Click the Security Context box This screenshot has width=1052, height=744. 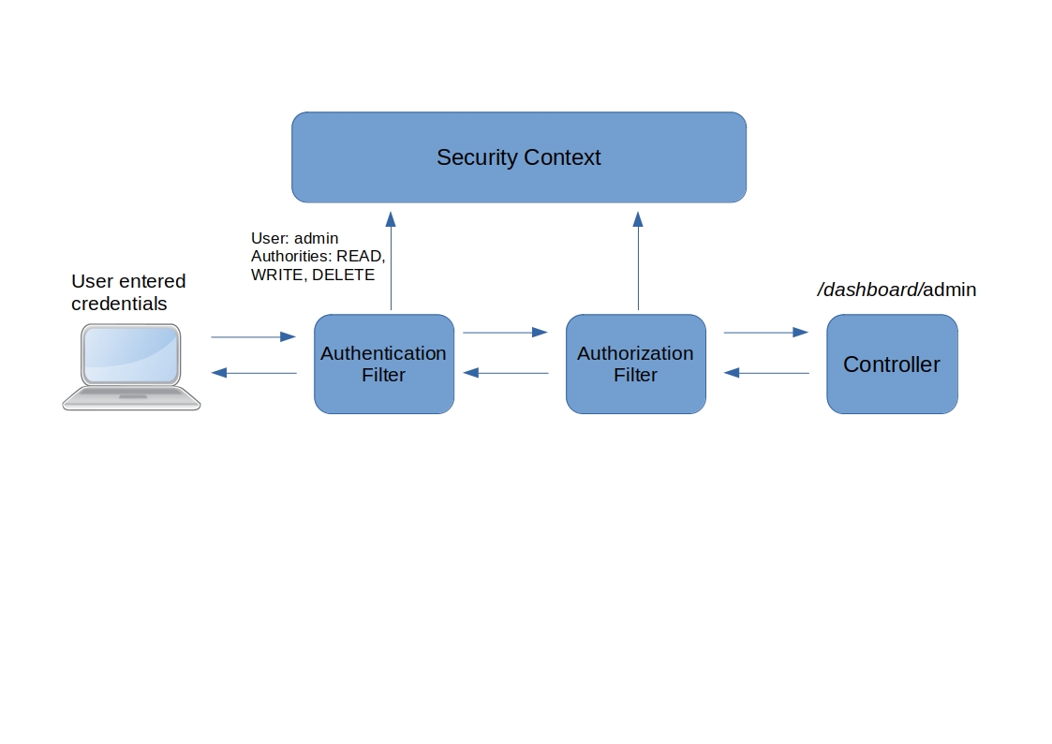pos(518,157)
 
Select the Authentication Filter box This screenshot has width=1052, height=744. pos(383,365)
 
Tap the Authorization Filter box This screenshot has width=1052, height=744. pos(635,365)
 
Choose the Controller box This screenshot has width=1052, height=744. pos(891,365)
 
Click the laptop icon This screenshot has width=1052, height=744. pos(131,367)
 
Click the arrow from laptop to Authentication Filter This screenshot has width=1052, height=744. pos(253,336)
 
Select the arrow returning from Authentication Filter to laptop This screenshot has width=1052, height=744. pos(253,373)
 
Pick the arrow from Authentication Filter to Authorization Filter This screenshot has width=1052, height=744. pos(505,332)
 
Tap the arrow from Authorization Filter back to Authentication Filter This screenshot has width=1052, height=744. pos(505,373)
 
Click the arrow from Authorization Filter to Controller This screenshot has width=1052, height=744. pos(765,332)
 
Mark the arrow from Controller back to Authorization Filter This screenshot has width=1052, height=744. pos(765,373)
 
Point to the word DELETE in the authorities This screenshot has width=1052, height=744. pos(343,275)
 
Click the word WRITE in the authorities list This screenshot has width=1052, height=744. pos(276,275)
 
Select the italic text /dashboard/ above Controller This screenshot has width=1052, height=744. pos(869,290)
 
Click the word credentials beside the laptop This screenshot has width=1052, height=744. pos(119,305)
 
